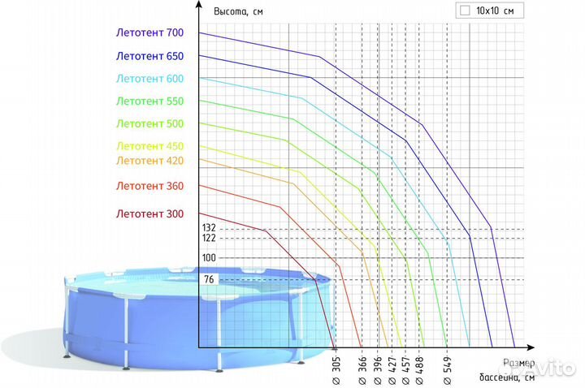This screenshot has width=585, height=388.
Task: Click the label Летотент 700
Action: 150,33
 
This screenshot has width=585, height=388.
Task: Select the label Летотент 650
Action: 150,56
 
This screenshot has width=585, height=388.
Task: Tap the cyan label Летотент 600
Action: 150,79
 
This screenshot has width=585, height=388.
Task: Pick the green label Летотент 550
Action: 150,101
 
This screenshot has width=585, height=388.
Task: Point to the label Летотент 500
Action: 150,124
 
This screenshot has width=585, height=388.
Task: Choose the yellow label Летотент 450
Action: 150,146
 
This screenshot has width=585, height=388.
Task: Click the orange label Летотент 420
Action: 150,161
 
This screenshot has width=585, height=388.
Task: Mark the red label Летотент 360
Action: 150,186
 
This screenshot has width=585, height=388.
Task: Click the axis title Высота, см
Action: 238,11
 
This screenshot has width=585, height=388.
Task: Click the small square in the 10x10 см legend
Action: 465,11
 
